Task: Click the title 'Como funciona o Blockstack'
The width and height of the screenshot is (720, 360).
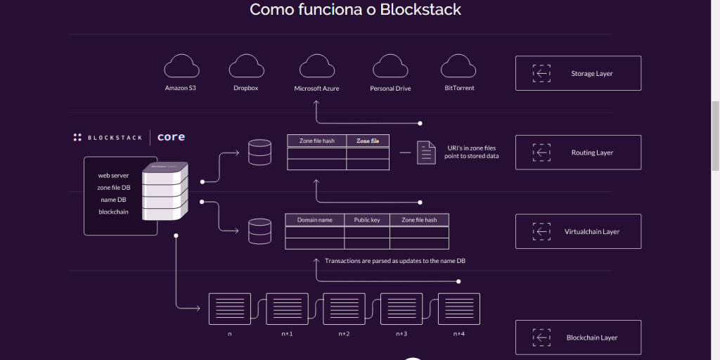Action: pos(355,10)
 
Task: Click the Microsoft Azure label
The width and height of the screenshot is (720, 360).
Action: pos(316,89)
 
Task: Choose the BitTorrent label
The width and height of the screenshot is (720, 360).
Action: pos(459,88)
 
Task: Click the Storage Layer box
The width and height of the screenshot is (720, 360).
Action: pos(578,73)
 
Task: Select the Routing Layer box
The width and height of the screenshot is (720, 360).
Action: pos(578,153)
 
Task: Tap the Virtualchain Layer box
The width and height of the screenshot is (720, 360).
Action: pos(578,231)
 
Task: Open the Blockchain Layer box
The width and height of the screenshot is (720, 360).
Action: pos(578,337)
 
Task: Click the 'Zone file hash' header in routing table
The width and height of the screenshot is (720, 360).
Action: pos(316,141)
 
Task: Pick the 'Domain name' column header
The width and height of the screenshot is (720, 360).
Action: pos(314,220)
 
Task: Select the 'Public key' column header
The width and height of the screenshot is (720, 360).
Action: pos(366,220)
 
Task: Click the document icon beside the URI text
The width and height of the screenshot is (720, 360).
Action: pos(426,153)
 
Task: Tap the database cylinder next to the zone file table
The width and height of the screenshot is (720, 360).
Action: pos(259,153)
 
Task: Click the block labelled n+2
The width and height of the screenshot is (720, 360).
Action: pos(344,309)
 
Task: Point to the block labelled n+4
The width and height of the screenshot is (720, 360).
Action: pos(458,309)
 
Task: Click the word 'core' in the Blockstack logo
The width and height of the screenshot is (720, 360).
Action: pos(171,137)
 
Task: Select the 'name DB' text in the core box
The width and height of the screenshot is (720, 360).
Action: pos(112,200)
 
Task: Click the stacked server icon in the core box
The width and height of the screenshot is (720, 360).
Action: pos(165,191)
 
